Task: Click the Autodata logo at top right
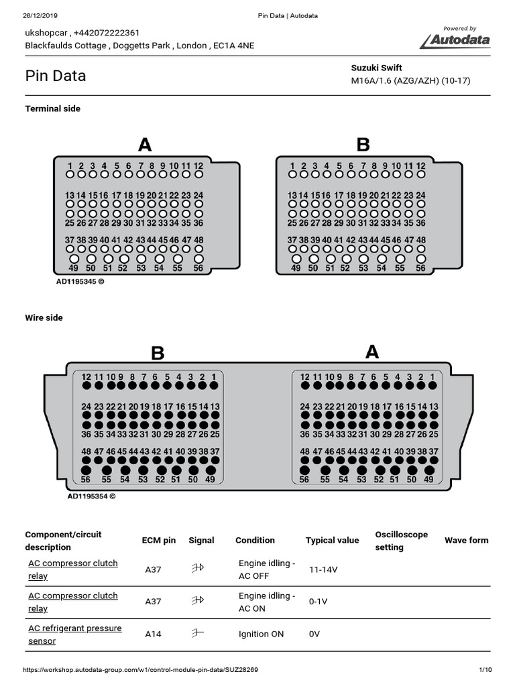coord(456,40)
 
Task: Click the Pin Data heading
coord(56,76)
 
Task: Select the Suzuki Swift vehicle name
coord(377,68)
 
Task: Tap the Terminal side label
coord(52,109)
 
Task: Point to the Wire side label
coord(44,318)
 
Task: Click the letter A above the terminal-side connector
coord(145,145)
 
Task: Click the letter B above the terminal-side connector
coord(363,145)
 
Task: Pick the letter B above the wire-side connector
coord(158,353)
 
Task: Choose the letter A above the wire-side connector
coord(372,352)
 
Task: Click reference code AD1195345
coord(80,282)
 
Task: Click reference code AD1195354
coord(91,496)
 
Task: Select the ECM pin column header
coord(159,541)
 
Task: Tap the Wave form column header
coord(467,540)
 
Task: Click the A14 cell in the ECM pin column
coord(154,634)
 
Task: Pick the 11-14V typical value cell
coord(323,569)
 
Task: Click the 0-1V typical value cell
coord(318,602)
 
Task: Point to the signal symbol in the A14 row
coord(197,634)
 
